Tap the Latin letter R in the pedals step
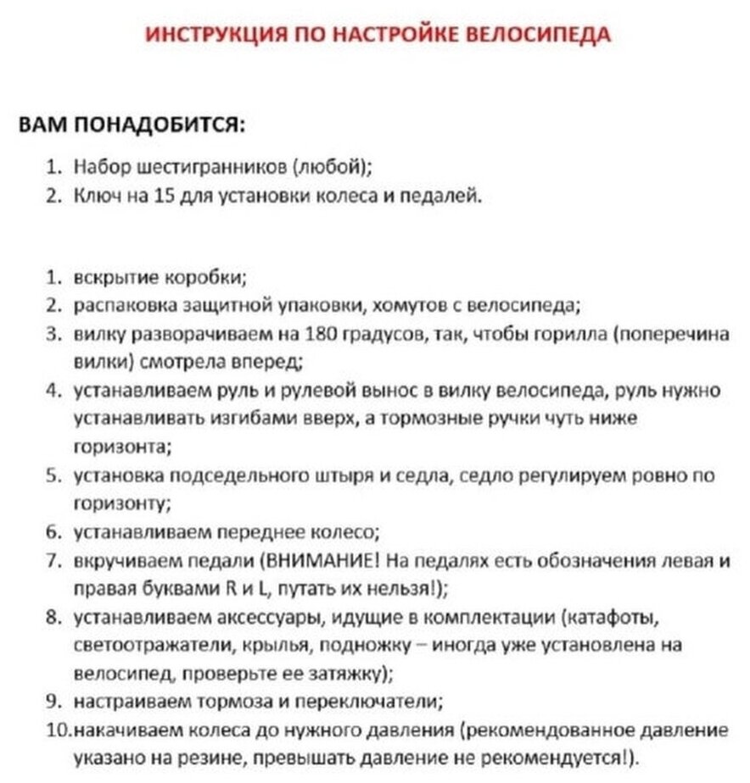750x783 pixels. [x=228, y=588]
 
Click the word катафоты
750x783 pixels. [x=608, y=616]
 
